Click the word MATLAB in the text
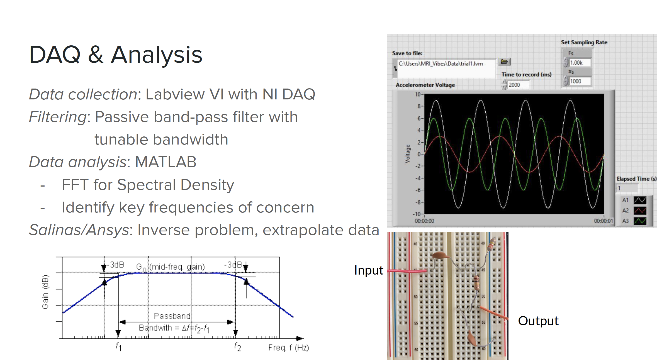(166, 162)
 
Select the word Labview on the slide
(175, 95)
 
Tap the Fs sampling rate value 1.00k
(580, 63)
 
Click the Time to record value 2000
(518, 85)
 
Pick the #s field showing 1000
(580, 81)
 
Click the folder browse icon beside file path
(504, 62)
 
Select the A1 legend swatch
(640, 200)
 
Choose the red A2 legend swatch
(640, 211)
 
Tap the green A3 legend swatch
(640, 221)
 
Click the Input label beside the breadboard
(369, 270)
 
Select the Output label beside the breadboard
(538, 321)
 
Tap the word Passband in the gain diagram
(172, 316)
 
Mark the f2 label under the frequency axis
(238, 347)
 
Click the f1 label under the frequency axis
(118, 347)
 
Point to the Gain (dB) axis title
(45, 292)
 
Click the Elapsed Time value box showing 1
(627, 188)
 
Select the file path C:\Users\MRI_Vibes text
(441, 63)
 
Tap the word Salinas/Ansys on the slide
(79, 230)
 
